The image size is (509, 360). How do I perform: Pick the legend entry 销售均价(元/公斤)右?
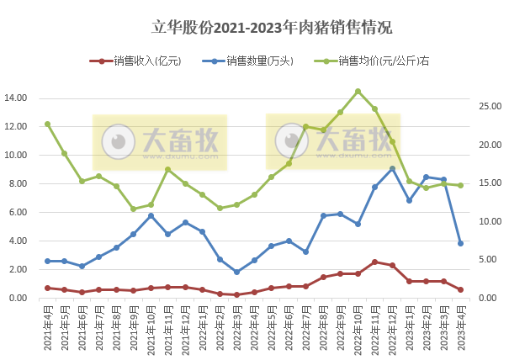click(378, 61)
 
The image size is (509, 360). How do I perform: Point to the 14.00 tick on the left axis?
click(16, 98)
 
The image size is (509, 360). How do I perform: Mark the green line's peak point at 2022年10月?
click(358, 92)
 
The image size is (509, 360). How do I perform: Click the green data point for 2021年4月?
click(47, 124)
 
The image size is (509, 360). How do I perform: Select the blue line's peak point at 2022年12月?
click(392, 169)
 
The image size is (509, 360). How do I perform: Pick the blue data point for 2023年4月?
click(461, 243)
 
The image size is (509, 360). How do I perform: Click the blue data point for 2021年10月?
click(151, 216)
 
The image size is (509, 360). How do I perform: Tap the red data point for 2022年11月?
click(374, 262)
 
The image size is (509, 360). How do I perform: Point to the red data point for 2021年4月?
click(47, 288)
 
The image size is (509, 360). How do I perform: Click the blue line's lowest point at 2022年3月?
click(237, 272)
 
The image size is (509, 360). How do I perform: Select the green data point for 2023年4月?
click(461, 185)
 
